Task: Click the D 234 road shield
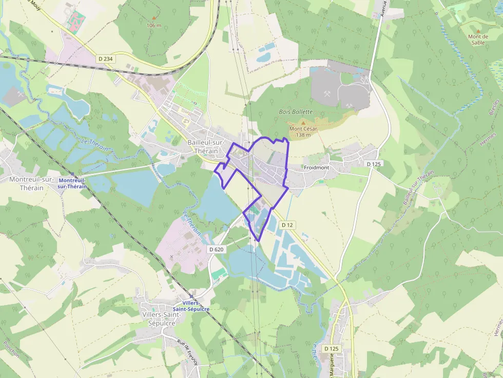(x=105, y=59)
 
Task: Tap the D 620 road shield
(x=217, y=249)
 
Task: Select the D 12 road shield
(x=287, y=225)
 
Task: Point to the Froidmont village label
(x=316, y=168)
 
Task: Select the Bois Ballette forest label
(x=295, y=111)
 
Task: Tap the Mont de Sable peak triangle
(x=478, y=31)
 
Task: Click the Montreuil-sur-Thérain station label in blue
(x=72, y=183)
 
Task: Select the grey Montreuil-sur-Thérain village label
(x=32, y=183)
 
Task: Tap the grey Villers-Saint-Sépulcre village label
(x=158, y=319)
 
